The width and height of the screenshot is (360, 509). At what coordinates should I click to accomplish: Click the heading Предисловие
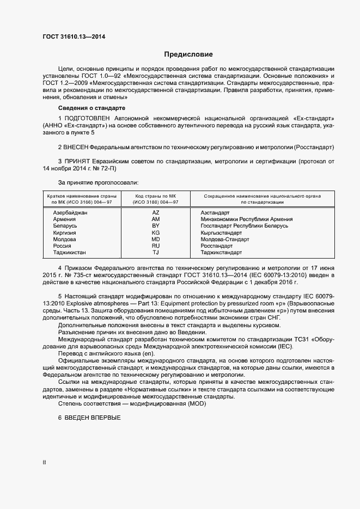(188, 54)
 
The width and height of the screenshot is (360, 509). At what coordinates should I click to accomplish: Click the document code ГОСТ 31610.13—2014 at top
(74, 37)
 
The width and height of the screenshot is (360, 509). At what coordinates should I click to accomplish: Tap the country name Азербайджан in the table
(70, 212)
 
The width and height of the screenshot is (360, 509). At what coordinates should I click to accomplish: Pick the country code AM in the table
(155, 219)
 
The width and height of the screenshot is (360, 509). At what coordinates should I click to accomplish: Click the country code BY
(155, 225)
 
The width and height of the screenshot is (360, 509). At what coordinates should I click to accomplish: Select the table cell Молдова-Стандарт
(224, 239)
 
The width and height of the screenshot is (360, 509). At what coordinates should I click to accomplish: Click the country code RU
(155, 246)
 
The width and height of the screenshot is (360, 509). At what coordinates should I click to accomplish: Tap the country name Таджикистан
(69, 253)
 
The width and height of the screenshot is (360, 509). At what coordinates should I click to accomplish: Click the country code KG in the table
(155, 232)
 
